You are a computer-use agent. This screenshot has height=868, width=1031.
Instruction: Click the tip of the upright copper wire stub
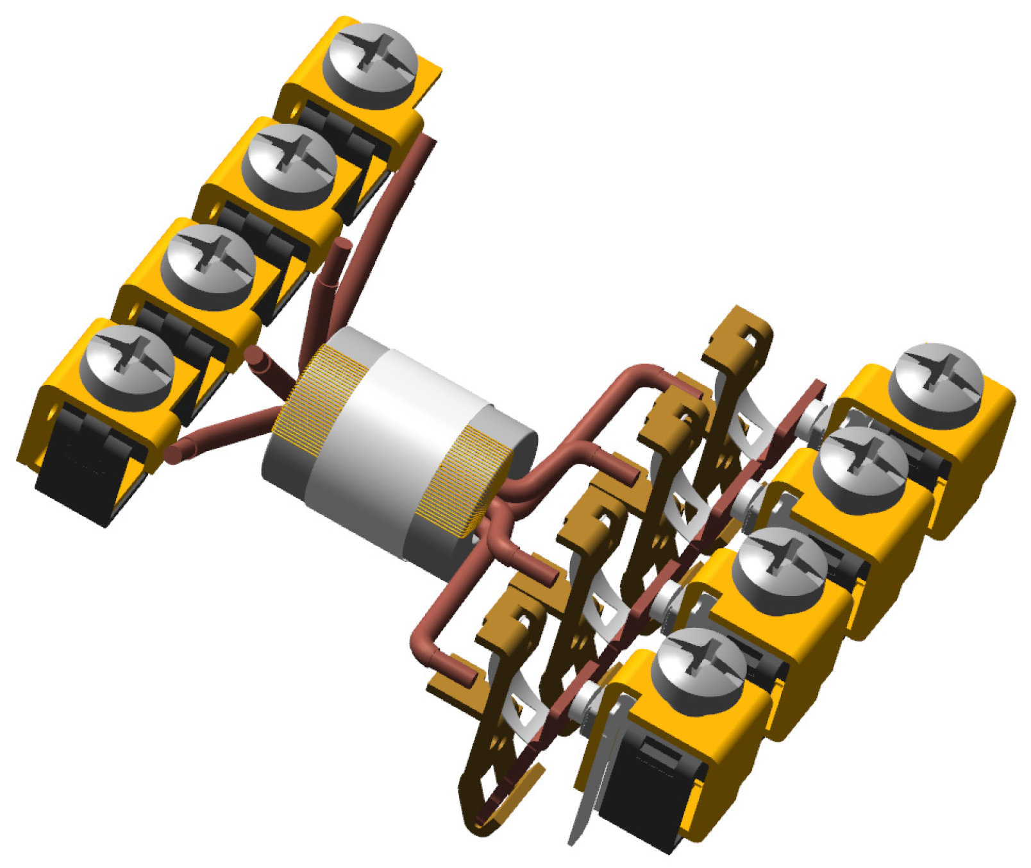344,244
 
